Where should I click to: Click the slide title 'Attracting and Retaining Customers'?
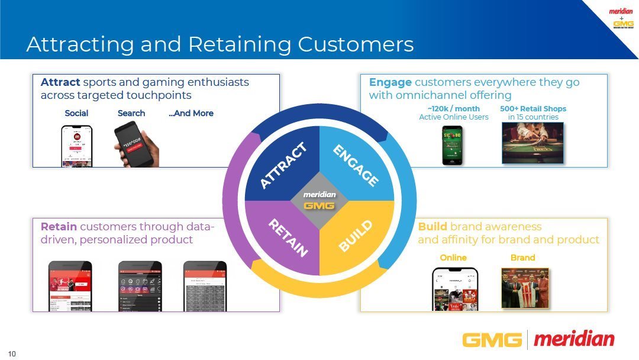[220, 44]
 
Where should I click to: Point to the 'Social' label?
[76, 113]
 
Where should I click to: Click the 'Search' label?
[131, 113]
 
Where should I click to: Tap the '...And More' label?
[191, 113]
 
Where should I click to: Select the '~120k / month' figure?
[454, 108]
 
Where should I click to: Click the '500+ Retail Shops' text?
[533, 108]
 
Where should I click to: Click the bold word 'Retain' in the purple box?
[59, 227]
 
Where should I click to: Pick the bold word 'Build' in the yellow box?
[433, 227]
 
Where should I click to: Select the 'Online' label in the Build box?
[453, 258]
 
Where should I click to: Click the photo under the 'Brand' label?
[525, 288]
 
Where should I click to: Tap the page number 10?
[12, 354]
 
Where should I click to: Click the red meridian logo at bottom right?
[574, 339]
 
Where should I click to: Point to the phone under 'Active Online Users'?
[453, 144]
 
